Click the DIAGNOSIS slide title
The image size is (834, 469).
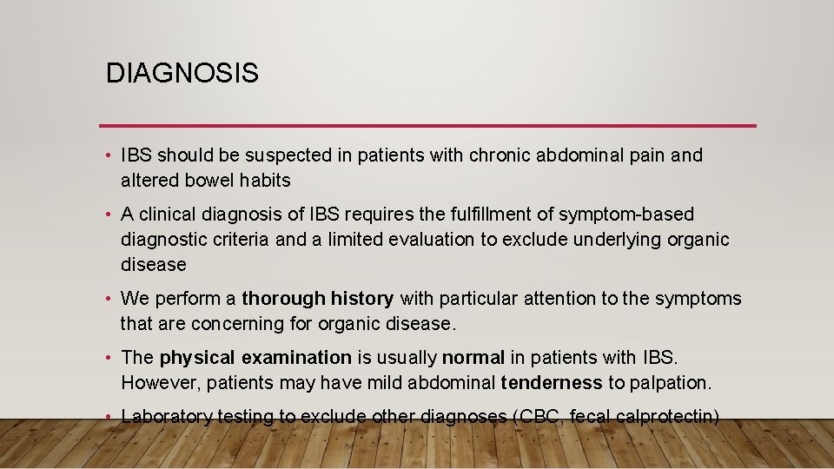tap(182, 73)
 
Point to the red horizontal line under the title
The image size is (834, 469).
tap(427, 125)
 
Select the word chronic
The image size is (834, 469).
tap(502, 155)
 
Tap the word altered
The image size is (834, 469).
tap(150, 181)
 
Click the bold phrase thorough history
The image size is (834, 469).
tap(317, 299)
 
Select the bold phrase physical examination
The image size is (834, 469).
tap(255, 357)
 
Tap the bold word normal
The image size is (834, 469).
tap(473, 357)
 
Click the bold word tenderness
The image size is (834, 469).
tap(552, 382)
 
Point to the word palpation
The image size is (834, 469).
tap(669, 383)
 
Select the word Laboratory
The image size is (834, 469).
tap(167, 417)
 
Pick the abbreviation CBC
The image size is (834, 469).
tap(538, 417)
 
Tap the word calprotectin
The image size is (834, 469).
tap(666, 417)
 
